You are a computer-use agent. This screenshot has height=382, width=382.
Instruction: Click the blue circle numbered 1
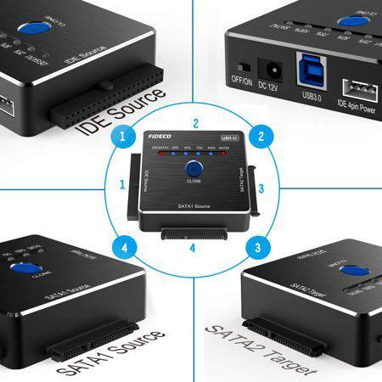(x=125, y=136)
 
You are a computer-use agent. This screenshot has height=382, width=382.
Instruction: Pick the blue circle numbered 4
(x=125, y=249)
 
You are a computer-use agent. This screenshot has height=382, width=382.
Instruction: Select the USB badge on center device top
(x=227, y=137)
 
